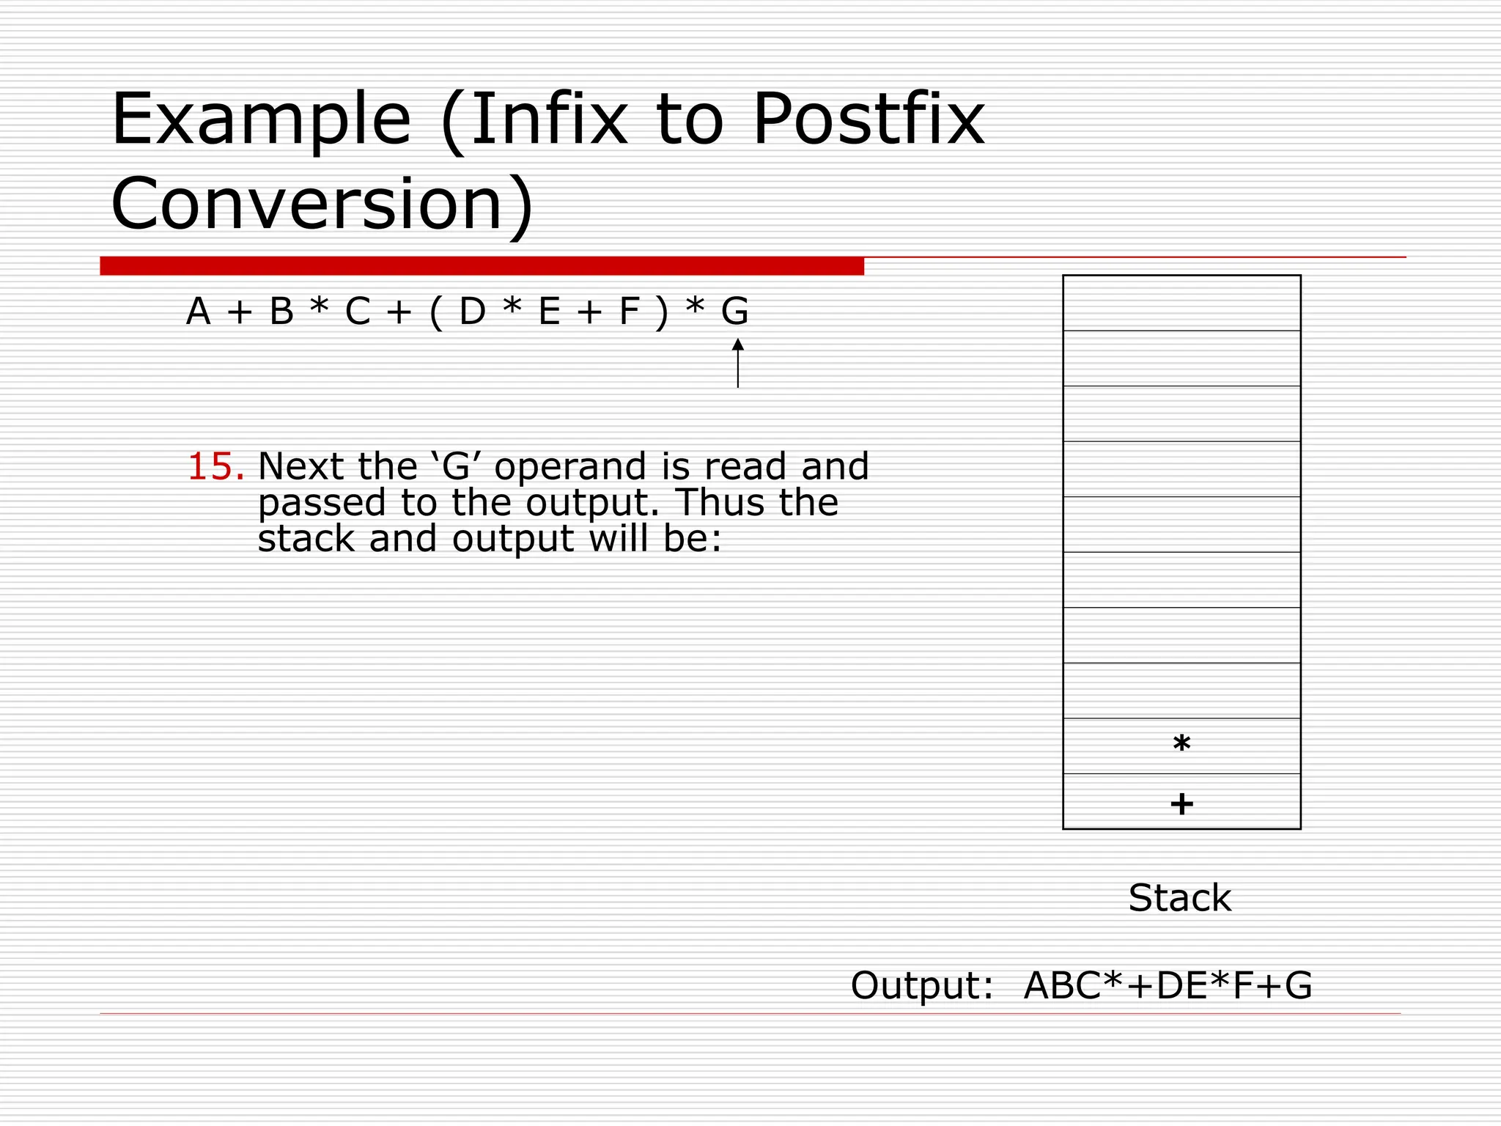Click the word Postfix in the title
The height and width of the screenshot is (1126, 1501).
tap(868, 119)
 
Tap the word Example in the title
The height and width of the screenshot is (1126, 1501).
tap(261, 119)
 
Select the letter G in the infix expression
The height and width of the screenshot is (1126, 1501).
tap(734, 311)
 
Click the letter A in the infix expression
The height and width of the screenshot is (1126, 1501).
tap(198, 311)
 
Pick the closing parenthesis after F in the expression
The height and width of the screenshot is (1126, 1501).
tap(663, 312)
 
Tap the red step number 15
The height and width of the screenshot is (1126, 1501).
tap(215, 467)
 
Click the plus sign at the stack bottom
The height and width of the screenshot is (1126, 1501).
tap(1181, 803)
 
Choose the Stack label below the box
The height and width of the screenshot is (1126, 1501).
tap(1179, 897)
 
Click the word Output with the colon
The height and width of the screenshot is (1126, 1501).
tap(921, 985)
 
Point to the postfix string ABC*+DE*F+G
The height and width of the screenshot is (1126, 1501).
tap(1168, 985)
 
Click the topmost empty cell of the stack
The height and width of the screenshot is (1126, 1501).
tap(1181, 303)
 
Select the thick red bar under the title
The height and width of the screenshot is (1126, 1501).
tap(482, 265)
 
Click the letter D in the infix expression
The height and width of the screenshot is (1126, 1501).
tap(472, 311)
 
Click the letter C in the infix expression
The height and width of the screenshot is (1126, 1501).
tap(358, 311)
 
